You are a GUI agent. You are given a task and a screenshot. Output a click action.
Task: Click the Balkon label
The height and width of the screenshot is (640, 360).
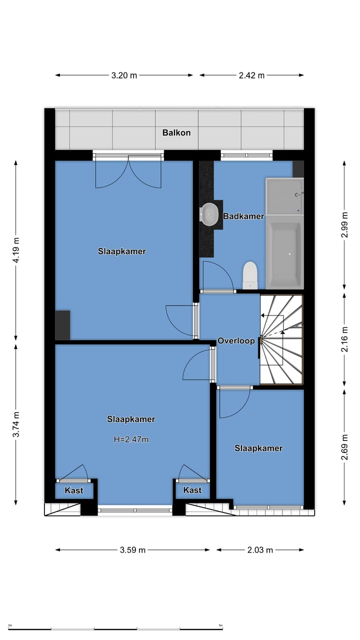pyautogui.click(x=176, y=133)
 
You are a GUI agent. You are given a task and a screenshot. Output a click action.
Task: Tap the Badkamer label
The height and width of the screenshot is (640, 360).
pyautogui.click(x=243, y=216)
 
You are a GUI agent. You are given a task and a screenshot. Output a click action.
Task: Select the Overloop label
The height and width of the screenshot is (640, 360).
pyautogui.click(x=236, y=341)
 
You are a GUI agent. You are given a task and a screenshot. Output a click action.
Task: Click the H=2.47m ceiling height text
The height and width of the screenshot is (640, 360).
pyautogui.click(x=131, y=440)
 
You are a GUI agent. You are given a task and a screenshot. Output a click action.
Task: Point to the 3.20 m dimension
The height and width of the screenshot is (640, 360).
pyautogui.click(x=124, y=75)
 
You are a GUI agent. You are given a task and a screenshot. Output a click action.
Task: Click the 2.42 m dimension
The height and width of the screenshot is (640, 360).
pyautogui.click(x=251, y=75)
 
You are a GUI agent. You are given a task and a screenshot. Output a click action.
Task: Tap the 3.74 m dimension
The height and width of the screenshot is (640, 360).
pyautogui.click(x=16, y=424)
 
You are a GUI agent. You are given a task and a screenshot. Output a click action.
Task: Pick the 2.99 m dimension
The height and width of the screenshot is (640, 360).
pyautogui.click(x=344, y=225)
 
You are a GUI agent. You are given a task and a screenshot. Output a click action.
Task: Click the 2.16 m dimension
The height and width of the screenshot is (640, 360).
pyautogui.click(x=344, y=339)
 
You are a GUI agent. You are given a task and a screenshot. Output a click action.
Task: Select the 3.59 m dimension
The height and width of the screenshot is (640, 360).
pyautogui.click(x=132, y=550)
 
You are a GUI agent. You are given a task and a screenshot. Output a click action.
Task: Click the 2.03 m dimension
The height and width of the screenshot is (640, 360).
pyautogui.click(x=260, y=550)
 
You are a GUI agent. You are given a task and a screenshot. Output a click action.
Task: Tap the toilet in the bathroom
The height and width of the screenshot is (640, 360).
pyautogui.click(x=250, y=275)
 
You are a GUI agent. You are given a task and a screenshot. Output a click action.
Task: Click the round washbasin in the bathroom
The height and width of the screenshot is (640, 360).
pyautogui.click(x=208, y=214)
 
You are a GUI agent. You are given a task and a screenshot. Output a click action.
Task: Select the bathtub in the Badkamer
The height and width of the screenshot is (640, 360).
pyautogui.click(x=284, y=254)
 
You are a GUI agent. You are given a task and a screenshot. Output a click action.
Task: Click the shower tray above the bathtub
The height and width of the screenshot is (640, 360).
pyautogui.click(x=284, y=196)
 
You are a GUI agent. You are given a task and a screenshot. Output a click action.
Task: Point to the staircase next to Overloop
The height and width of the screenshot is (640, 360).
pyautogui.click(x=281, y=339)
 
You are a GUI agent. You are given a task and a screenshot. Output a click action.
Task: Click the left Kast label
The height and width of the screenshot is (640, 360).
pyautogui.click(x=74, y=490)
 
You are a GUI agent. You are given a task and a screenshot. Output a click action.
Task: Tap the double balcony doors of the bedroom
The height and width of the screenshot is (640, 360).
pyautogui.click(x=128, y=171)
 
